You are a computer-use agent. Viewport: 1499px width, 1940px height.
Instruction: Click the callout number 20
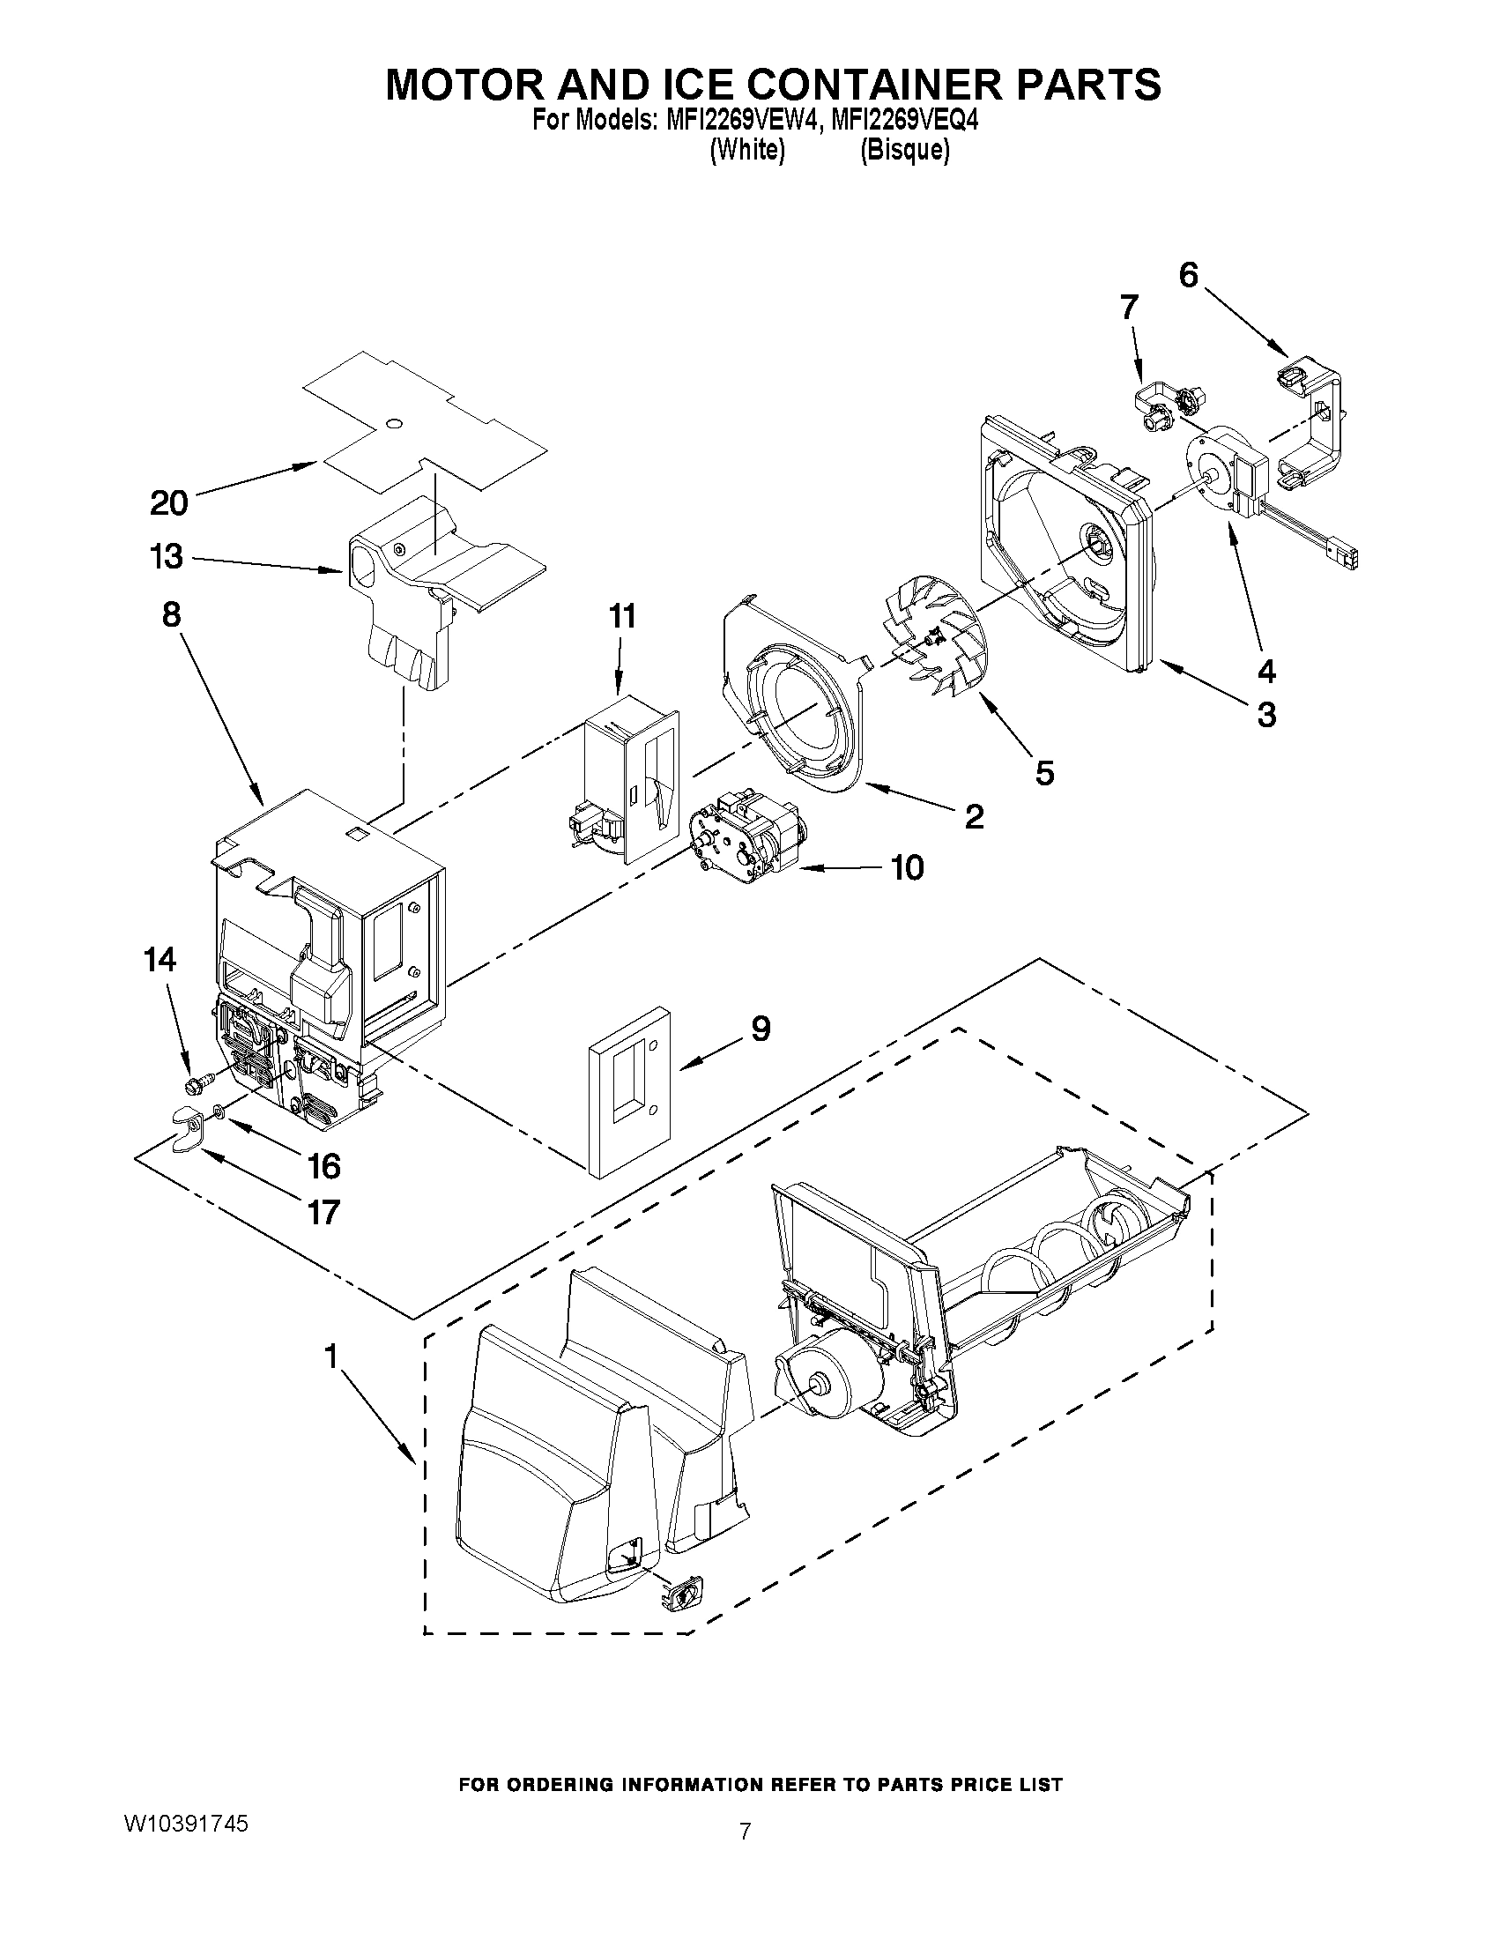pos(168,503)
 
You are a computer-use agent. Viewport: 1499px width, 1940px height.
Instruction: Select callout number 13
pos(167,557)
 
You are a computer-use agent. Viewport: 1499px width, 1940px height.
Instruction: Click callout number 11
pos(622,615)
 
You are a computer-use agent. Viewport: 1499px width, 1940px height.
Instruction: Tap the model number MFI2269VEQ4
pos(905,121)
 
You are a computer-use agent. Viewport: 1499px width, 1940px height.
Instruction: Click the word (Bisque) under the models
pos(904,150)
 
